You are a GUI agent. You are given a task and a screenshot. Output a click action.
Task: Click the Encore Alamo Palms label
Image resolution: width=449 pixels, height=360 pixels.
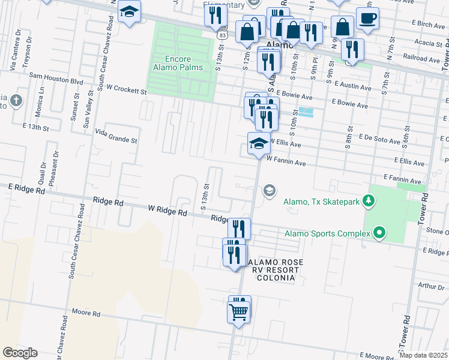tap(184, 63)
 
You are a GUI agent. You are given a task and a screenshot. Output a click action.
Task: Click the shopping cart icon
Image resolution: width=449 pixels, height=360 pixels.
tap(239, 313)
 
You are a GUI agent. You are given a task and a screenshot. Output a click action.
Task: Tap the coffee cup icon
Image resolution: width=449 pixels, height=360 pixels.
tap(367, 18)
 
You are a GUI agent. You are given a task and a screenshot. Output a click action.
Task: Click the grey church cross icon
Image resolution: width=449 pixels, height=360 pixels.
tap(16, 100)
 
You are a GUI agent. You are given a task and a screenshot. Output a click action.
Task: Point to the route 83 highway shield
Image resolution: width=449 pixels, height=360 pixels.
tap(223, 35)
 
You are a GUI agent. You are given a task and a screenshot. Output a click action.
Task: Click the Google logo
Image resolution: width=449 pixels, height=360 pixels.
tap(20, 352)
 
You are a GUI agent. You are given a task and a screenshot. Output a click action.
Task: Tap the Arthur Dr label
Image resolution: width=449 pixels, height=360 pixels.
tap(432, 287)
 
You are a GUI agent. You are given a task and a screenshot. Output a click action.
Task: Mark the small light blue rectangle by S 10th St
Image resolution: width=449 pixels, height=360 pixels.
tap(306, 112)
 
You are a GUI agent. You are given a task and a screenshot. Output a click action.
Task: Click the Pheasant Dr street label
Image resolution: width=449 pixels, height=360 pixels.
tap(52, 175)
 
